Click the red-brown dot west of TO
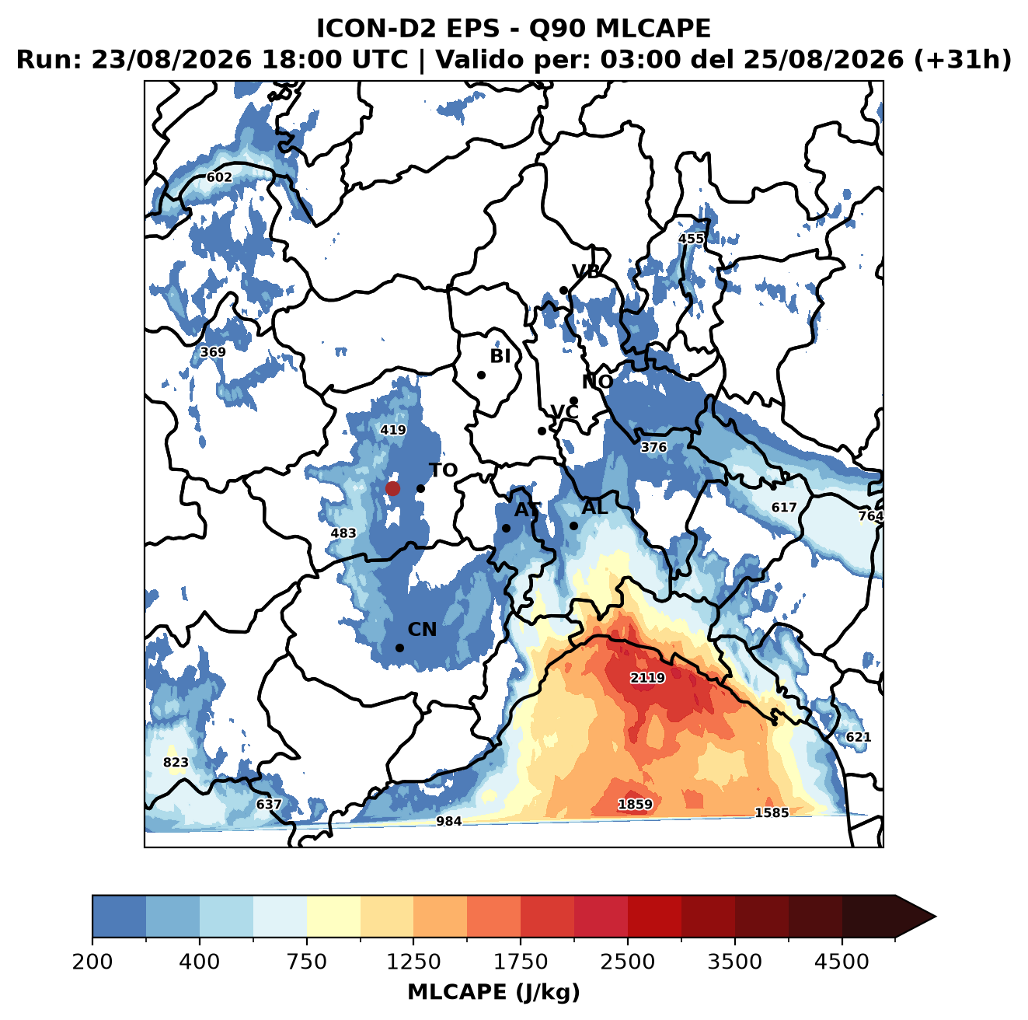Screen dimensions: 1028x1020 tap(392, 488)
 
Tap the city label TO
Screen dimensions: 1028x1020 tap(443, 470)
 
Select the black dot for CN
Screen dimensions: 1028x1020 tap(399, 648)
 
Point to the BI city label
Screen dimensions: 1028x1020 tap(500, 356)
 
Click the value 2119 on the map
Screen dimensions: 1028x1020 tap(647, 677)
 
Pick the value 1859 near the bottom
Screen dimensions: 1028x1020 tap(634, 804)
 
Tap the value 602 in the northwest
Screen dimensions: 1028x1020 tap(219, 177)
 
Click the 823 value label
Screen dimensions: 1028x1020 tap(176, 762)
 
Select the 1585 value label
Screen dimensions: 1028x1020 tap(771, 812)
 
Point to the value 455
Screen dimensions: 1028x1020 tap(691, 239)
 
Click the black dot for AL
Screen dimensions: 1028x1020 tap(573, 526)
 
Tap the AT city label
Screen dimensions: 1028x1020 tap(527, 510)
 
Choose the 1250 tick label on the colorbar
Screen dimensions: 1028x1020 tap(413, 962)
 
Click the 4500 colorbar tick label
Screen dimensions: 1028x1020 tap(842, 962)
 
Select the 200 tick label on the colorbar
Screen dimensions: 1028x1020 tap(92, 962)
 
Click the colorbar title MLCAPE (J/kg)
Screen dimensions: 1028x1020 tap(493, 992)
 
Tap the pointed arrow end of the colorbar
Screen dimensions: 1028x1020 tap(935, 917)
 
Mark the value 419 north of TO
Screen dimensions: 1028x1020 tap(392, 430)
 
